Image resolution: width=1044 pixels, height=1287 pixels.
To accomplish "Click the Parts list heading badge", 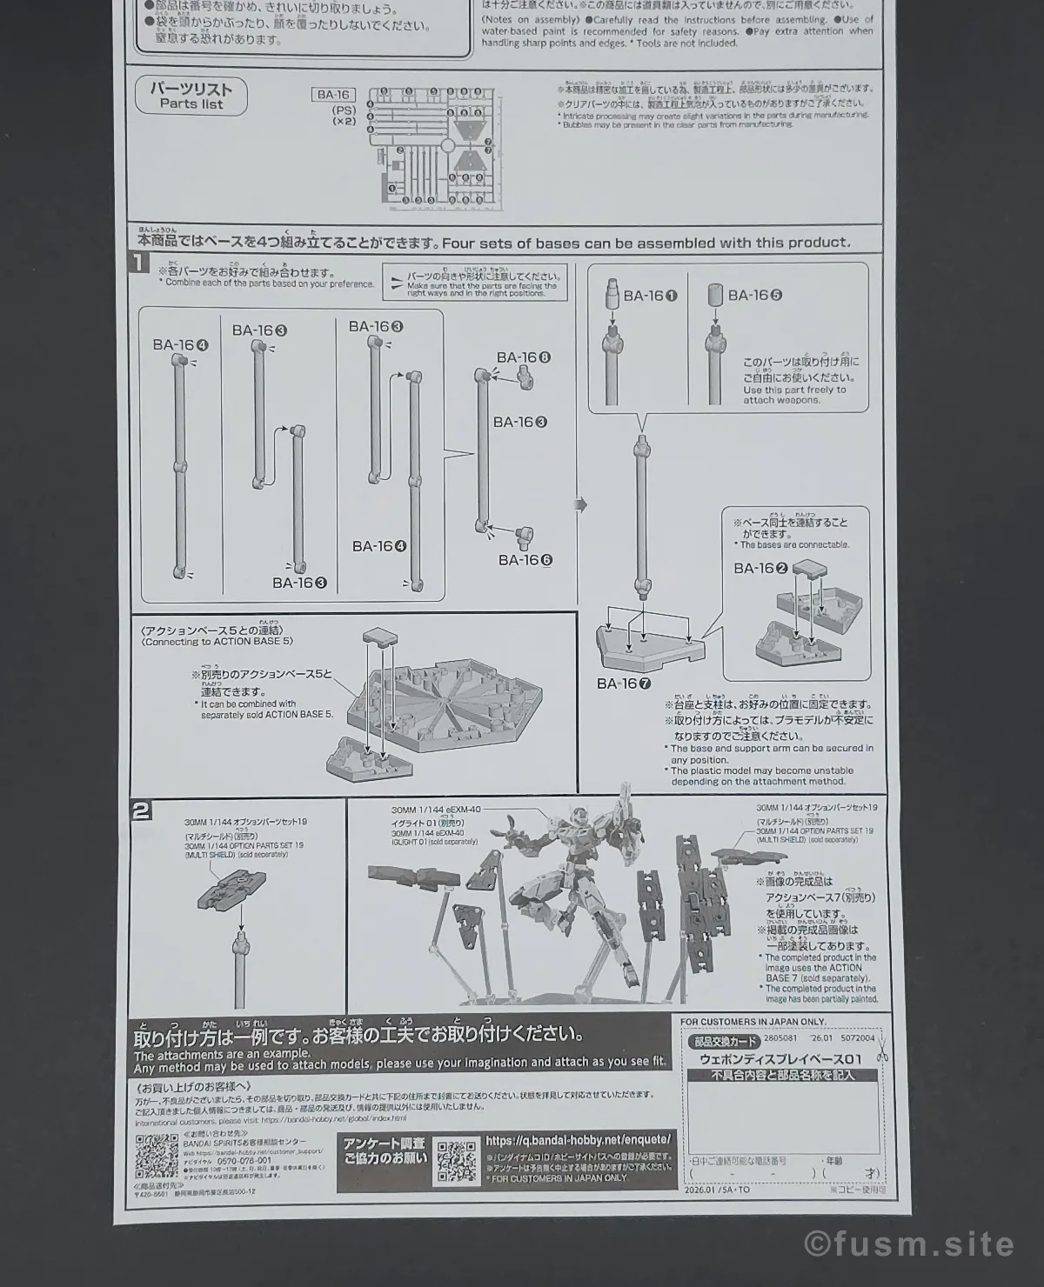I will tap(191, 96).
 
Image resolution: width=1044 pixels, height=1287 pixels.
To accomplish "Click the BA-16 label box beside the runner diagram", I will tap(333, 96).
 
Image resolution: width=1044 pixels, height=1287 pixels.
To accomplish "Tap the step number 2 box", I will tap(141, 811).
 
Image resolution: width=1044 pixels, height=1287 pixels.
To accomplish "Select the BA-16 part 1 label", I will tap(650, 296).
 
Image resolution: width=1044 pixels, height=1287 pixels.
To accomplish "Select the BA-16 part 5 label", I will tap(754, 296).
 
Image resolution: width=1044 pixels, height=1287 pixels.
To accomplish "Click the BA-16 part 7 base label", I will tap(624, 684).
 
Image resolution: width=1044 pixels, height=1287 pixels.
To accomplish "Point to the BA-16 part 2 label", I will tap(760, 569).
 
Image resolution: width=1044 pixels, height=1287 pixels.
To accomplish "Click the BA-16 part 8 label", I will tap(524, 357).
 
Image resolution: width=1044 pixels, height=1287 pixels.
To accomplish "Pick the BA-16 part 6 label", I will tap(525, 560).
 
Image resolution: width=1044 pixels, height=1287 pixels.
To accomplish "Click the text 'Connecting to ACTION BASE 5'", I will tap(217, 641).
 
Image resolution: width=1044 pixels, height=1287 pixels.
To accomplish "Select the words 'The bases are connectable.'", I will tap(793, 545).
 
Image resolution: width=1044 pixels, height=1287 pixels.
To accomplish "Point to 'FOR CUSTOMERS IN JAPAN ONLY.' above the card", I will tap(753, 1022).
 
